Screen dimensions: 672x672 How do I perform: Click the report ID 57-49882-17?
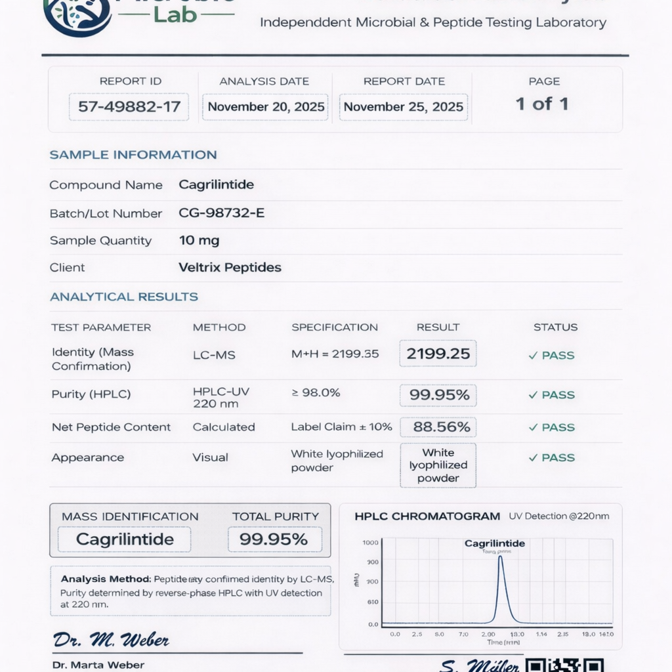[129, 107]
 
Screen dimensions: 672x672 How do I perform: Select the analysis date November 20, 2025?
[266, 107]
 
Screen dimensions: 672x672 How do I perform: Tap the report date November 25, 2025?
[404, 107]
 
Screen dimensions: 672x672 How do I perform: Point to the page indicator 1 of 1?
[542, 104]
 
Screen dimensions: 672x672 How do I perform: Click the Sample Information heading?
[133, 155]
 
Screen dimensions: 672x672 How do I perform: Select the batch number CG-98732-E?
[222, 213]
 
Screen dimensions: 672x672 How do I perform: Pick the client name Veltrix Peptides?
[230, 267]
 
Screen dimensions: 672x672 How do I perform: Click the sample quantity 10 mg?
[199, 241]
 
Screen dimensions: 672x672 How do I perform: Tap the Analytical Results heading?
[124, 297]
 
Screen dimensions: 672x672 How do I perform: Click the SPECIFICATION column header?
[335, 327]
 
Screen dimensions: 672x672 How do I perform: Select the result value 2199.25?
[438, 354]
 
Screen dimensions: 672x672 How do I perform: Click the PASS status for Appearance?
[552, 458]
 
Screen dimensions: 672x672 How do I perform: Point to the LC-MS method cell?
[214, 355]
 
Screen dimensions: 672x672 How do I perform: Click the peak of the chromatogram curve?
[500, 557]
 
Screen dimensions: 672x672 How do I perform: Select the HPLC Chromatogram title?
[427, 516]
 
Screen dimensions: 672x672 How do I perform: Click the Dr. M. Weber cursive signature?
[111, 640]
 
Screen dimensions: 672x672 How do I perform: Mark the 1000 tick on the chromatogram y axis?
[371, 543]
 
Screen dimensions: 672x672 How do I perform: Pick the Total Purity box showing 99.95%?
[274, 539]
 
